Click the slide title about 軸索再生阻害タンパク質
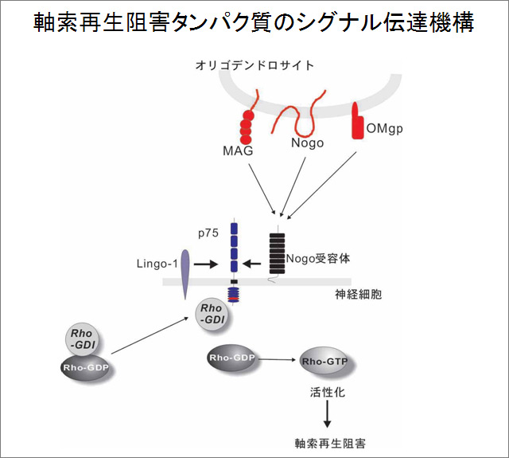pos(254,22)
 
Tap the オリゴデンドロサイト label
pos(254,65)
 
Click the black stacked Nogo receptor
pos(277,251)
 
